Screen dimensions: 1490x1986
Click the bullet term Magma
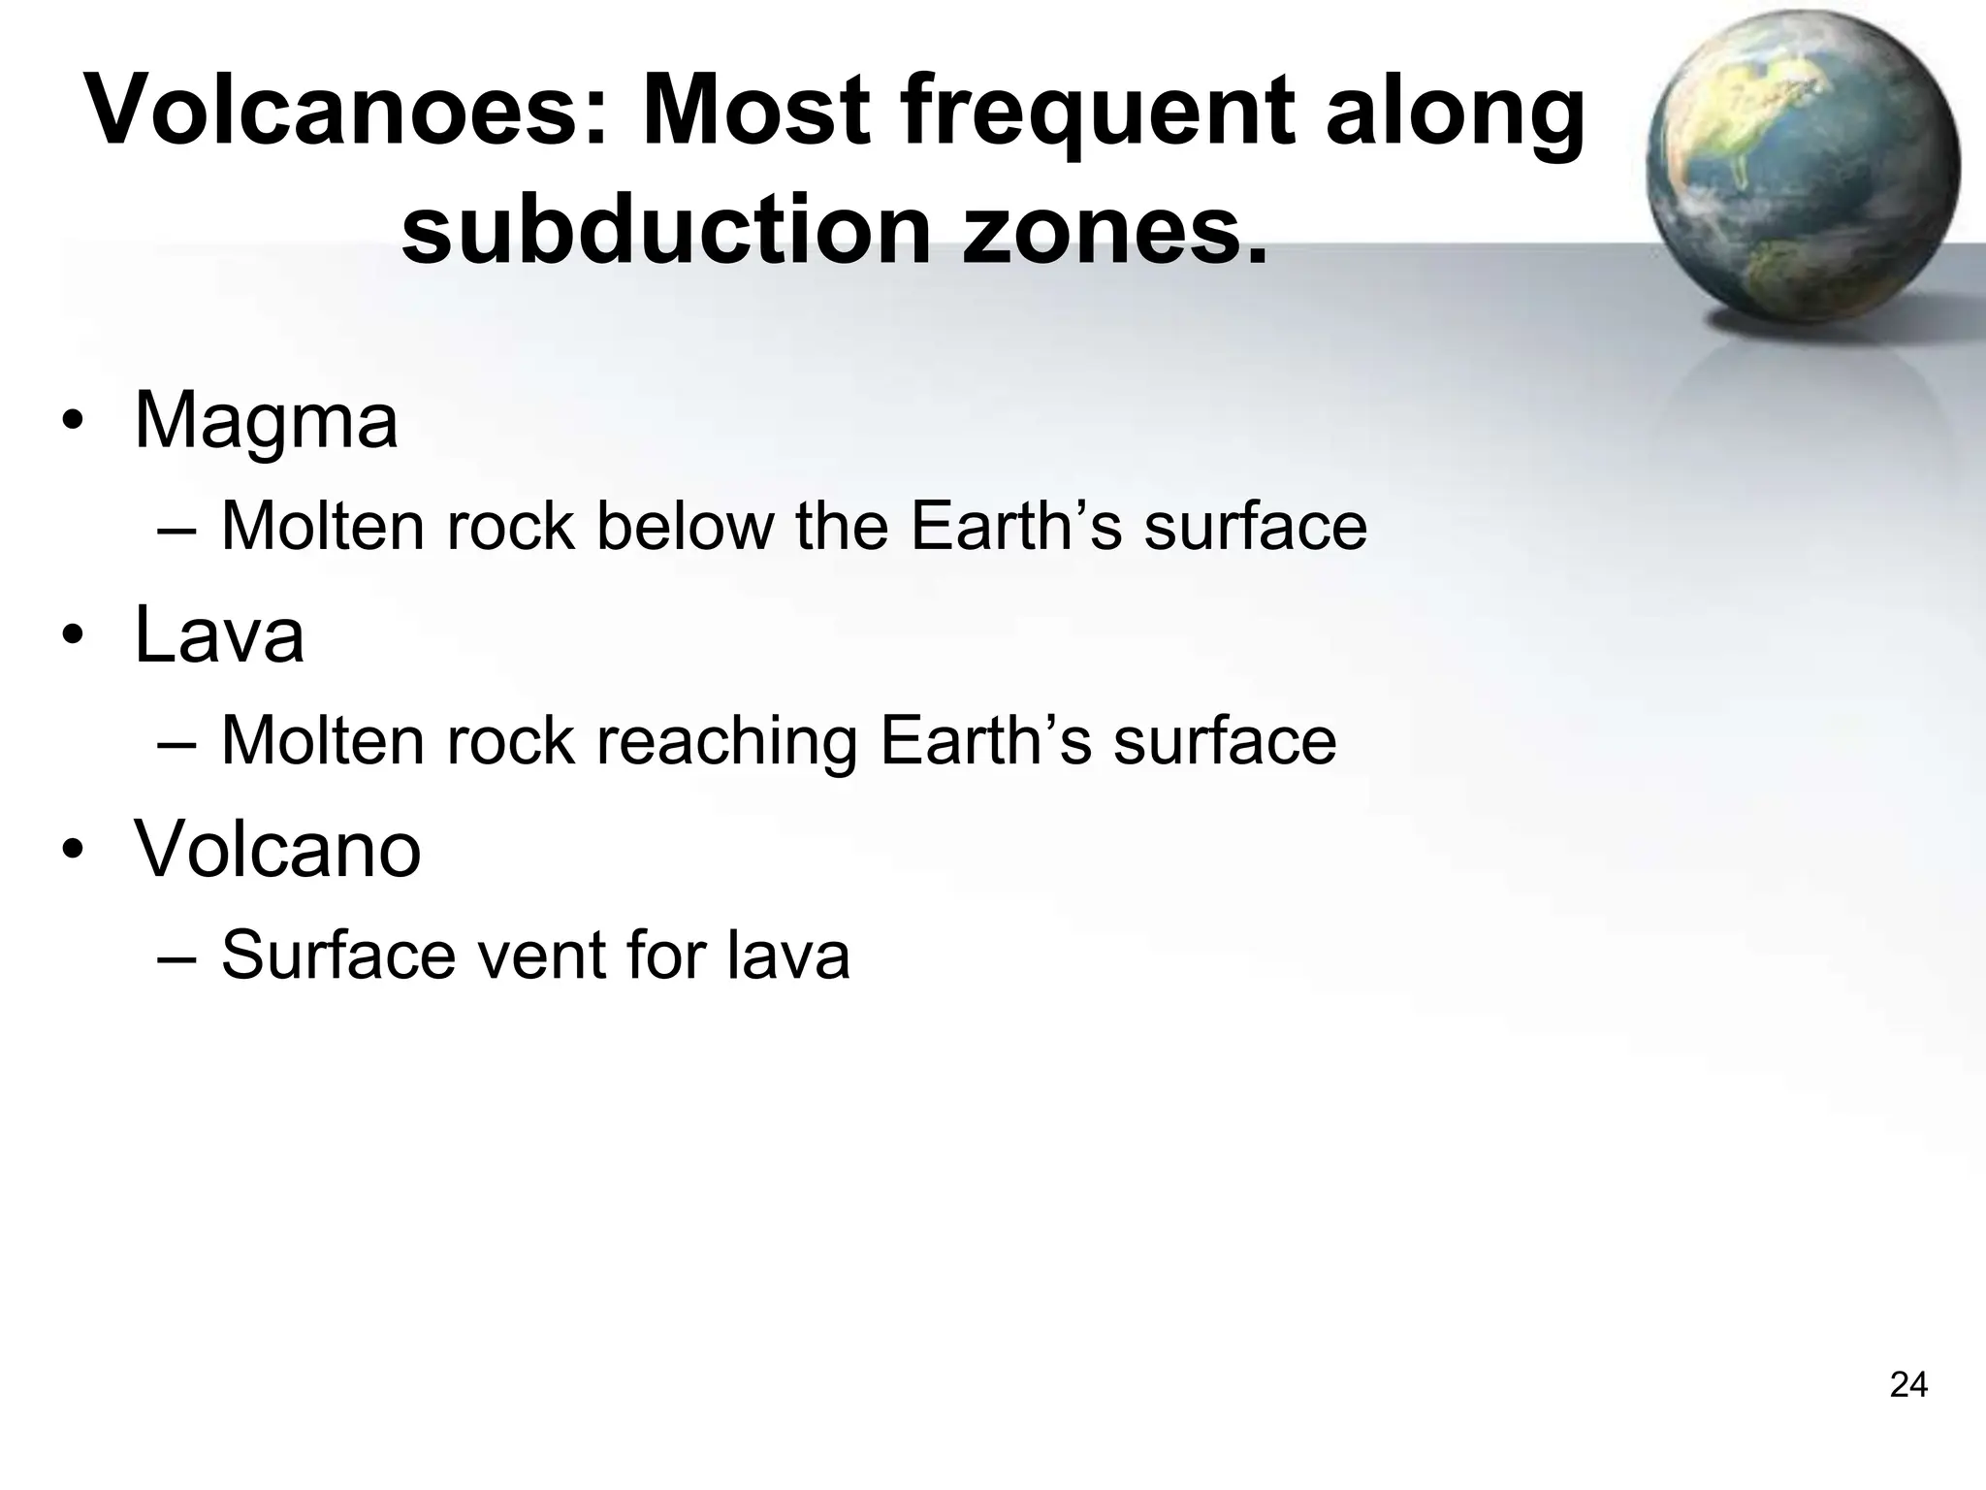(266, 421)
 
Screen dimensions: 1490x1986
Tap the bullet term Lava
(219, 634)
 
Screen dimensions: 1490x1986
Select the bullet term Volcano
(277, 848)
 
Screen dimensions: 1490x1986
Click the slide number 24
(1908, 1385)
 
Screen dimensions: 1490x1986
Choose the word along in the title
(1455, 113)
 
